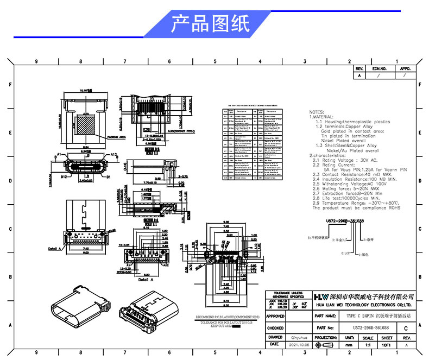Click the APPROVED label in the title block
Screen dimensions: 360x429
coord(275,315)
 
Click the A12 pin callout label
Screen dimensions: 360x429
coord(114,155)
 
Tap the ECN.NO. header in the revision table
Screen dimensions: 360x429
coord(379,70)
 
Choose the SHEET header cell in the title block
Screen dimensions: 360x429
coord(387,337)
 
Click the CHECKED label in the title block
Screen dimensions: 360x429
coord(275,328)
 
